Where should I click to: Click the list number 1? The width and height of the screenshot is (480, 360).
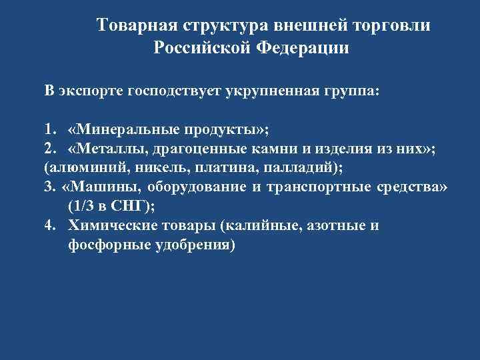point(48,129)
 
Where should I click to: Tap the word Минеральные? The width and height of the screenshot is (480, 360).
point(123,129)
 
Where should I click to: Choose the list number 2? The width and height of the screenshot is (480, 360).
point(48,148)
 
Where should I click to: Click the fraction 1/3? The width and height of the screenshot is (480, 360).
point(83,206)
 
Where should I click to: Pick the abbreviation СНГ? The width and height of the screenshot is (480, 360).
point(131,206)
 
